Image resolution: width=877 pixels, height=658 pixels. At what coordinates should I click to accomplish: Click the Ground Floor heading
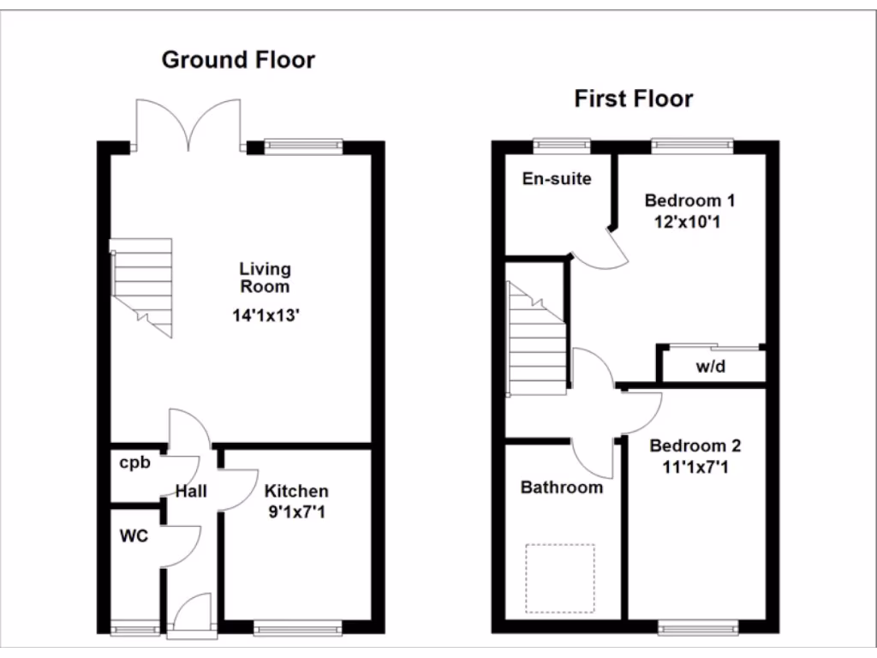click(238, 60)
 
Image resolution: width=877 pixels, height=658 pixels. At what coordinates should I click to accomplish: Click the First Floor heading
click(633, 99)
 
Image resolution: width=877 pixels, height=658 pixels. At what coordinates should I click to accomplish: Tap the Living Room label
click(265, 278)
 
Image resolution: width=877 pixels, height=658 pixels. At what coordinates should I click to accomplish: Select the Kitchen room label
click(295, 492)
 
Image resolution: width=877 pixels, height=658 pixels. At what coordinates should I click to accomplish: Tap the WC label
click(134, 537)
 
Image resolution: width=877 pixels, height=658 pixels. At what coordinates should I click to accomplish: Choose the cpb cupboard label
click(134, 464)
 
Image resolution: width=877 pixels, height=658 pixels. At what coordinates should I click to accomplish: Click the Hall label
click(192, 492)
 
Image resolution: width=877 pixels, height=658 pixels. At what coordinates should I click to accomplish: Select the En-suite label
click(557, 179)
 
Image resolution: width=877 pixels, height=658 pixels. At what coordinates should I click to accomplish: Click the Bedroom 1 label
click(689, 201)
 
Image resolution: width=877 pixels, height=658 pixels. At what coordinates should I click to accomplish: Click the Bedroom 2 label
click(695, 446)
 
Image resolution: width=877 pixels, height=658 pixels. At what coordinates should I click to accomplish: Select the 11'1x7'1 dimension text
click(695, 467)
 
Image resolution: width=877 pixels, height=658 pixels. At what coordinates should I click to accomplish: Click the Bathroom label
click(562, 488)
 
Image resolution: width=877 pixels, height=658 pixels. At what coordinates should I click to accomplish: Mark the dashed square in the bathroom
click(559, 578)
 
